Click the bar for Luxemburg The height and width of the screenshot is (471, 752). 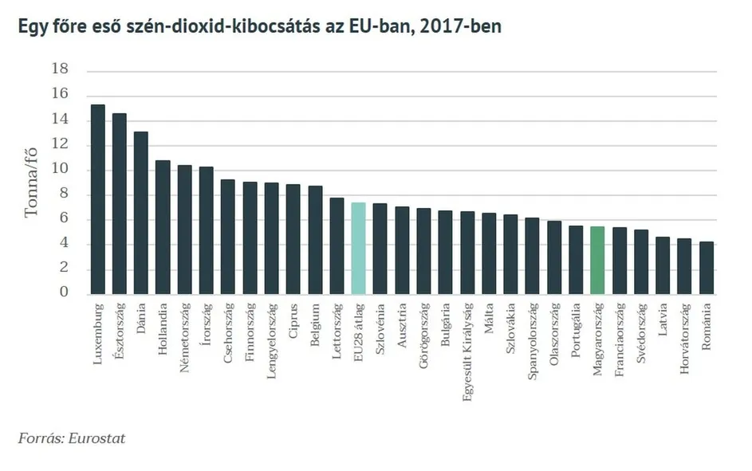(x=98, y=199)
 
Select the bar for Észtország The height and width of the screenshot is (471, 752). (x=120, y=203)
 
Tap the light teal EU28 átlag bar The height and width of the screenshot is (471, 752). (x=358, y=248)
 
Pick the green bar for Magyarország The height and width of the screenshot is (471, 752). (x=597, y=260)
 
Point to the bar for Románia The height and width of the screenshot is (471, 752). (x=706, y=268)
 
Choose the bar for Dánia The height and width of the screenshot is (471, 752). (x=141, y=213)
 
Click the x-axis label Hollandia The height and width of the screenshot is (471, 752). (x=163, y=328)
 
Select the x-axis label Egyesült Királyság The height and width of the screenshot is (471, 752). (x=467, y=350)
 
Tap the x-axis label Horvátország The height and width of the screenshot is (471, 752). (x=684, y=337)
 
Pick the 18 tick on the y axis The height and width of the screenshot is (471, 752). (x=61, y=70)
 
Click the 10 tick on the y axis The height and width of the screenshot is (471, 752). (x=61, y=170)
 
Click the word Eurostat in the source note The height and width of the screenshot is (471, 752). (x=97, y=438)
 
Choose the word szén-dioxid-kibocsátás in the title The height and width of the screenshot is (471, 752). (x=206, y=27)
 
